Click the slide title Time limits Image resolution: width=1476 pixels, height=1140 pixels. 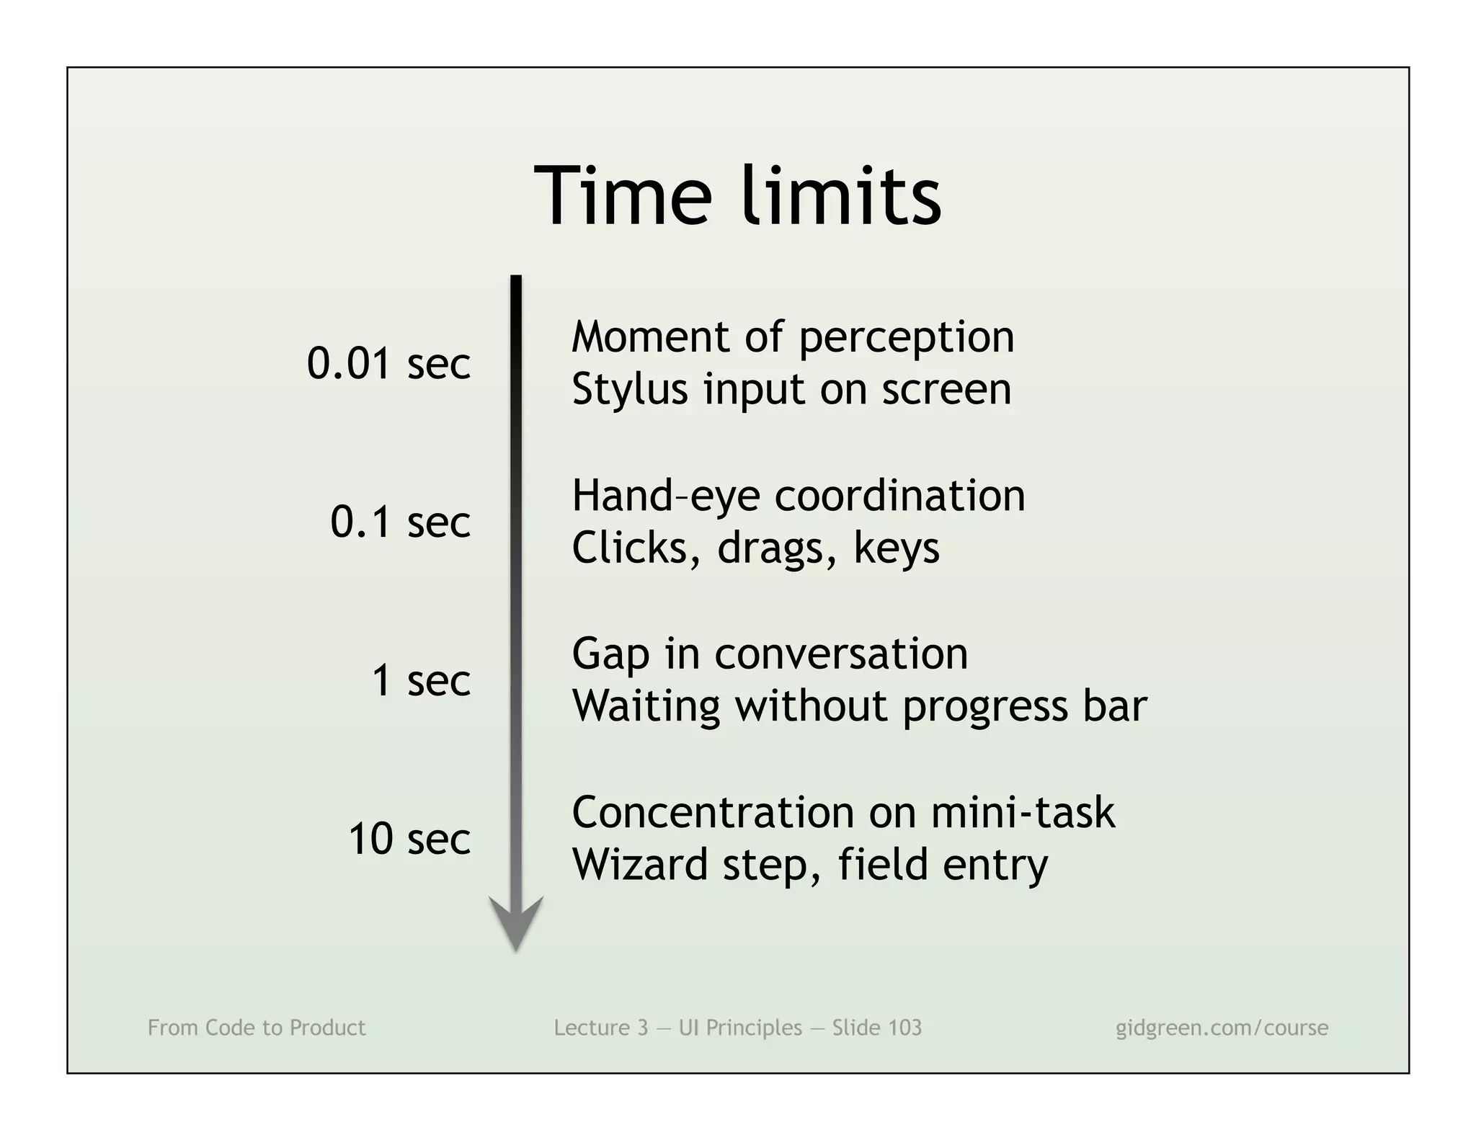(x=737, y=196)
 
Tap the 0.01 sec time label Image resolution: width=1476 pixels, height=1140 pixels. (x=388, y=363)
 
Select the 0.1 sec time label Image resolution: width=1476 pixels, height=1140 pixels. (x=400, y=522)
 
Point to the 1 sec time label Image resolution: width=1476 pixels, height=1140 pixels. (x=421, y=680)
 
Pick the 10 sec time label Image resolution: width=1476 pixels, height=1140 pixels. (x=409, y=839)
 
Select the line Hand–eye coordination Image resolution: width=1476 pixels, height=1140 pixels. (x=798, y=496)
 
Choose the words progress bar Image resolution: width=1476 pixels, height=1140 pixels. (x=1024, y=706)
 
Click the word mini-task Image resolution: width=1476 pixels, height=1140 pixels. (x=1023, y=813)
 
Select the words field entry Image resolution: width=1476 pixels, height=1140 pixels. (x=943, y=865)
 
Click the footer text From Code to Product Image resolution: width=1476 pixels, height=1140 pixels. (x=257, y=1028)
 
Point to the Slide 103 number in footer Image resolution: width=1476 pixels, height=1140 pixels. (x=877, y=1028)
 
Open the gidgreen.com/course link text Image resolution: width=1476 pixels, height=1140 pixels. (x=1222, y=1028)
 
